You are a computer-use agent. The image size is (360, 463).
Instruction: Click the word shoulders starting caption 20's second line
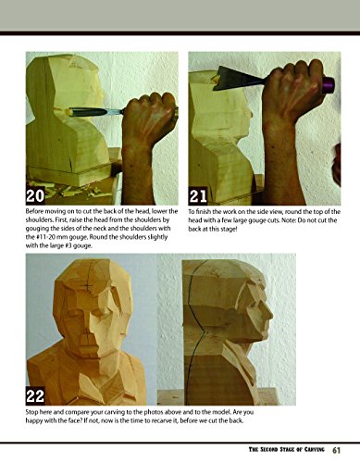[45, 221]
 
